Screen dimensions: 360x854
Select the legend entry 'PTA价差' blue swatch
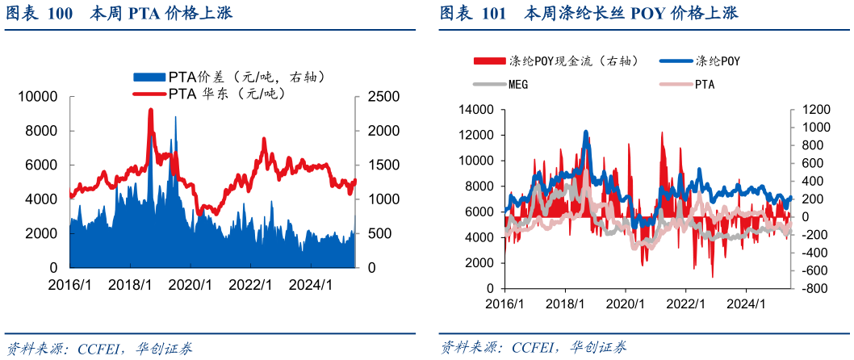click(150, 77)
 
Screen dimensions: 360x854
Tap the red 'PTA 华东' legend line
click(149, 94)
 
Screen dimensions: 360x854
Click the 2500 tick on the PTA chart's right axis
click(383, 97)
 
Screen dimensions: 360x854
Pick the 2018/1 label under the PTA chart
click(130, 285)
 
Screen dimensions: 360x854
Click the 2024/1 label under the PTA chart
click(311, 285)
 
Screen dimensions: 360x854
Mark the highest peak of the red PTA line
click(150, 110)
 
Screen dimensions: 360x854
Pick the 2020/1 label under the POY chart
click(626, 304)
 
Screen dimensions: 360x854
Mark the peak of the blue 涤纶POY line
click(586, 132)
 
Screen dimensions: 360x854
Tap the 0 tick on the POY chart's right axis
click(805, 216)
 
